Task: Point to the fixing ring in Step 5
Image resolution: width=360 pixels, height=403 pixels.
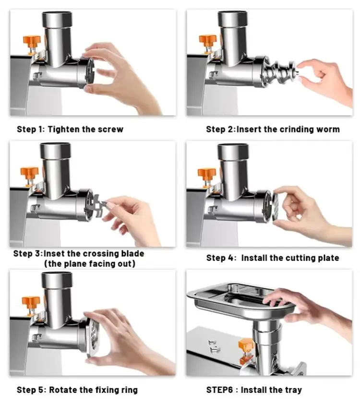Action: [92, 337]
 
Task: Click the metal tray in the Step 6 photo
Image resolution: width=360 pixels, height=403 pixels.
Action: [240, 301]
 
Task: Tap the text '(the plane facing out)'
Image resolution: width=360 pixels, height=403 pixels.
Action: [89, 264]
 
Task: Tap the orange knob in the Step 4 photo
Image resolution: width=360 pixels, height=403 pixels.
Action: [206, 174]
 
